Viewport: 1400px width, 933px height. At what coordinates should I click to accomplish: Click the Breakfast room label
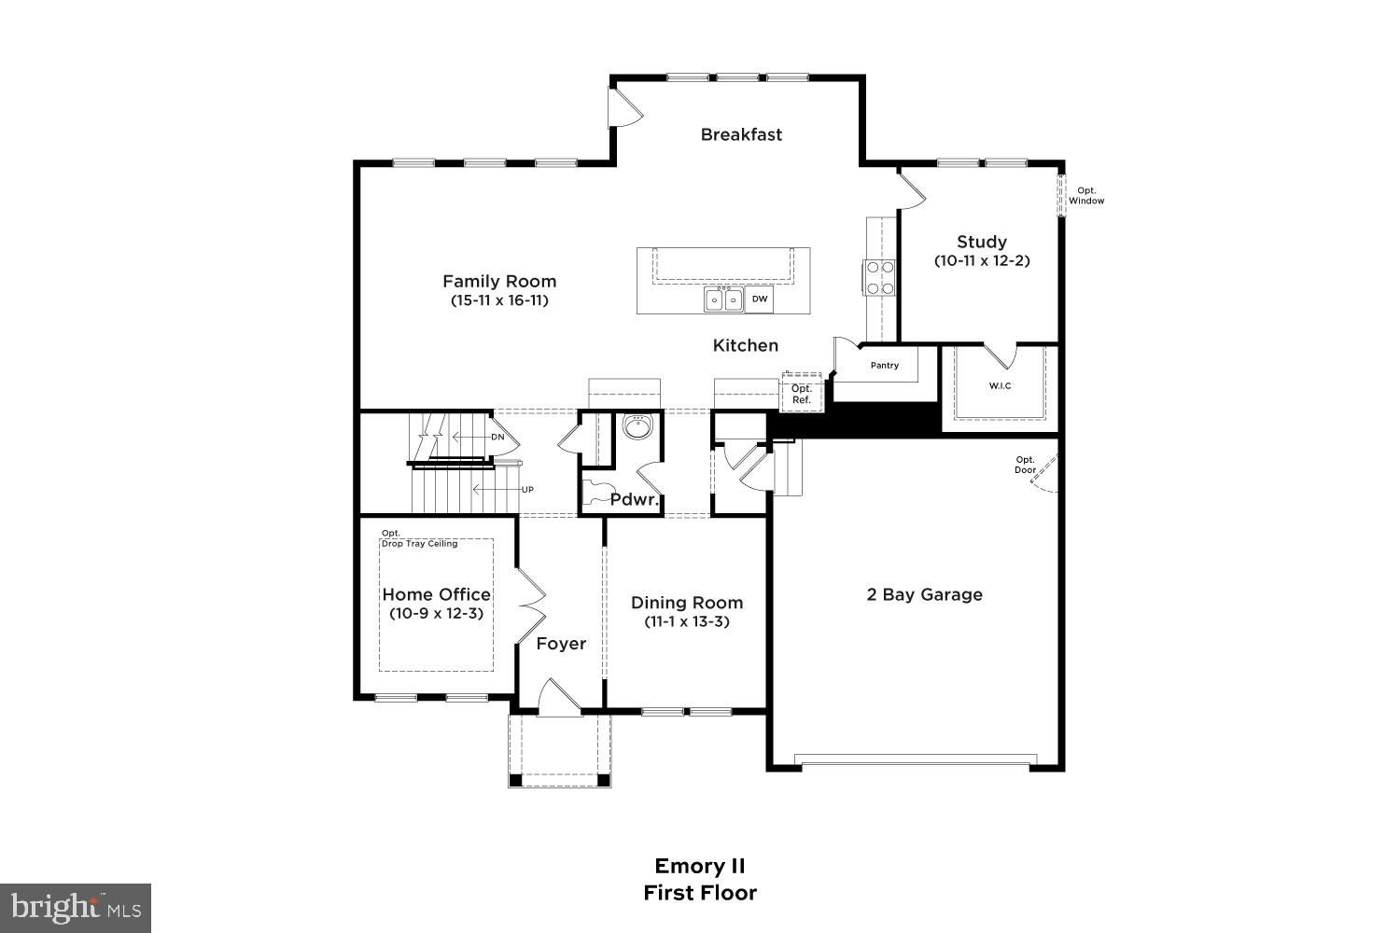pyautogui.click(x=741, y=134)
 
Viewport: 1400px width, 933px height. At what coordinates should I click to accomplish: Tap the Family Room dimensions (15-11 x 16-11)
pyautogui.click(x=498, y=300)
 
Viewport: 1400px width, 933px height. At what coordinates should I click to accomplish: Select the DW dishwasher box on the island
pyautogui.click(x=760, y=299)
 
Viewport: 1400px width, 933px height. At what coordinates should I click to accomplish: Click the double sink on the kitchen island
pyautogui.click(x=723, y=299)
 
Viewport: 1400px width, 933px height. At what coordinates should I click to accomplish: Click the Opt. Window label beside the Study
pyautogui.click(x=1086, y=196)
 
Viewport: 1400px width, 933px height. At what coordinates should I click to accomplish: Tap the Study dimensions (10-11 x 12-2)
pyautogui.click(x=982, y=261)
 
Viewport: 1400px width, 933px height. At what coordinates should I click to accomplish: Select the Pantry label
pyautogui.click(x=884, y=366)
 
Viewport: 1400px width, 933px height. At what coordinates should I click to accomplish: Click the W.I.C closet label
pyautogui.click(x=1000, y=386)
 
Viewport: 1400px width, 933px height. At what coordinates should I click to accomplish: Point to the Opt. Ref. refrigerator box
pyautogui.click(x=801, y=394)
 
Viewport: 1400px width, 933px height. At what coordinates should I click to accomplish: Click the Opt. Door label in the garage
pyautogui.click(x=1025, y=465)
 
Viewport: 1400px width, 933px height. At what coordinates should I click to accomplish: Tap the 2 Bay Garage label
pyautogui.click(x=924, y=594)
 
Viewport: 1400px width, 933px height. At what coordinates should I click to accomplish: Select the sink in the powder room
pyautogui.click(x=637, y=426)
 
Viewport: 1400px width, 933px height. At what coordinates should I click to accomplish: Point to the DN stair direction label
pyautogui.click(x=497, y=437)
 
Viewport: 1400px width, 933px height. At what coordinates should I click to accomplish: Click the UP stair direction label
pyautogui.click(x=527, y=489)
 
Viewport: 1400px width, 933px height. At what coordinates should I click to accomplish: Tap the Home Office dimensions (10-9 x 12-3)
pyautogui.click(x=436, y=614)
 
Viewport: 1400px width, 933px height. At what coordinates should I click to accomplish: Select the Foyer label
pyautogui.click(x=561, y=644)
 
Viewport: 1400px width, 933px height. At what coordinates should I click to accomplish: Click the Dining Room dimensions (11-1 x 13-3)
pyautogui.click(x=686, y=621)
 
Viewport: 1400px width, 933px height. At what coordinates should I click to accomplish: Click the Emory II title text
pyautogui.click(x=699, y=866)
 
